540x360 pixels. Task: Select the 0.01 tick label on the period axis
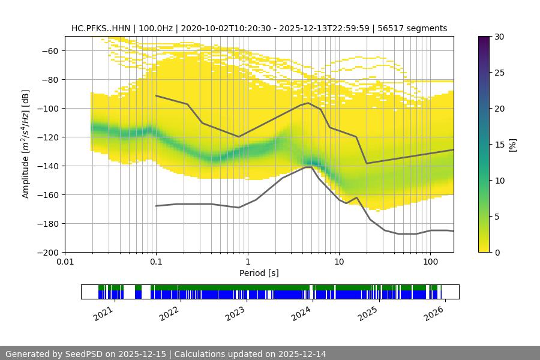65,262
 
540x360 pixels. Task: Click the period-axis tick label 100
430,262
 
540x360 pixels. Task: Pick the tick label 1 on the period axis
247,262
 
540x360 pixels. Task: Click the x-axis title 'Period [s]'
259,273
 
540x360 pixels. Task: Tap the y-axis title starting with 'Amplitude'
26,144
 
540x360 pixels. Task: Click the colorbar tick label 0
497,253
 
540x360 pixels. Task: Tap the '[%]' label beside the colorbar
512,145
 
